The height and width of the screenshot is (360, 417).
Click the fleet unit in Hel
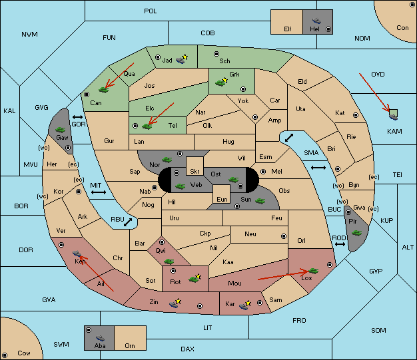point(316,21)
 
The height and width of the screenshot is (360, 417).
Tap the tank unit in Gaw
point(60,130)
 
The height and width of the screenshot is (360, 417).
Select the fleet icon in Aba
point(100,338)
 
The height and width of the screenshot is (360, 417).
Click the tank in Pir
point(356,233)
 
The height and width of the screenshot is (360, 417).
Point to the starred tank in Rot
point(195,278)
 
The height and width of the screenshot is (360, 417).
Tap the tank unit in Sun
point(260,201)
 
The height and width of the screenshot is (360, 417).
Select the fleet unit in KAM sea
point(393,116)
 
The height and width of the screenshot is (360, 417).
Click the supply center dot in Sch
point(216,54)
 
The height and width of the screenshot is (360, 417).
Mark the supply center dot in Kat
point(356,115)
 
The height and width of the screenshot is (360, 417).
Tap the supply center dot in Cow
point(5,355)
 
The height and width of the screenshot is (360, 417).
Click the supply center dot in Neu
point(284,236)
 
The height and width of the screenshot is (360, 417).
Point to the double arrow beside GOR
point(78,117)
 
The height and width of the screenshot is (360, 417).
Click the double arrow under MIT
point(99,192)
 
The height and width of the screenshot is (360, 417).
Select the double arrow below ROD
point(340,244)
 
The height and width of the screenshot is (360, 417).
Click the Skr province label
point(195,172)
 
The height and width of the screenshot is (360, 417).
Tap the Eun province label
point(222,199)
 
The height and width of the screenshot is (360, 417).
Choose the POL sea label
point(151,11)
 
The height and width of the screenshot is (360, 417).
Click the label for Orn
point(130,345)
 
